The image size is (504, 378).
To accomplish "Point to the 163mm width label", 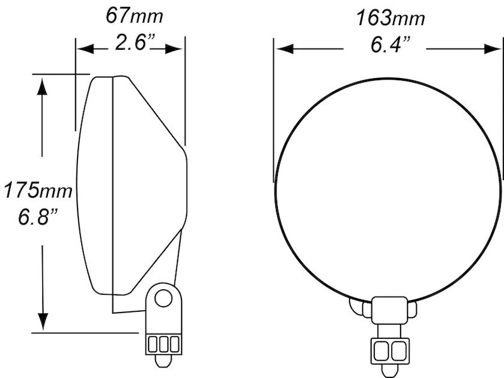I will point(390,18).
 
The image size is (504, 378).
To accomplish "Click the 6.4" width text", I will point(390,45).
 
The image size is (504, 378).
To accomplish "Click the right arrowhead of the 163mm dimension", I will point(493,49).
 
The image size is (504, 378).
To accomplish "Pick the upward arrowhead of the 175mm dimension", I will point(42,86).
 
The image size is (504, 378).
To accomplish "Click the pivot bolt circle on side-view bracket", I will point(163,297).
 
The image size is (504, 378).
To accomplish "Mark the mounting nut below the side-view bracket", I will point(163,344).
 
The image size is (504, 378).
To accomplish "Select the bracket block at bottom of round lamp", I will point(389,310).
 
